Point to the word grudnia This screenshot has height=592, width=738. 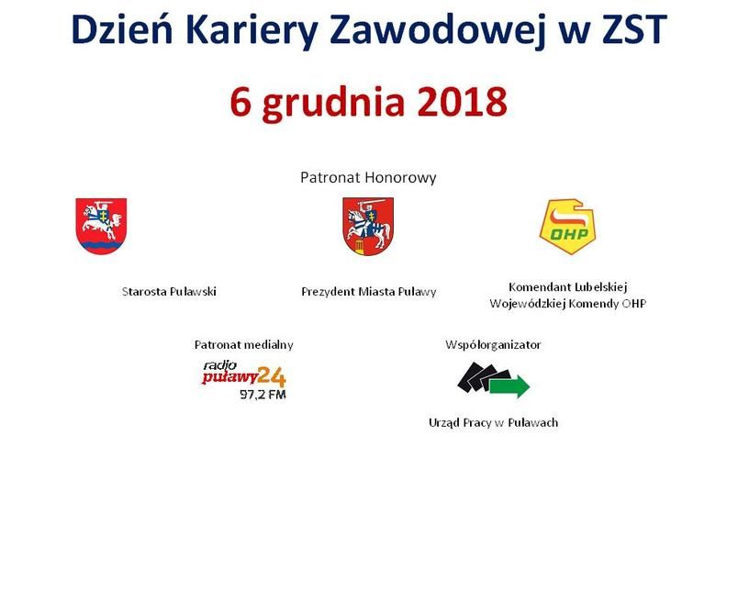pyautogui.click(x=333, y=104)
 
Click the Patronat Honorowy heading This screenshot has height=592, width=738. pyautogui.click(x=368, y=177)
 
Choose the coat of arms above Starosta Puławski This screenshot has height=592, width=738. pyautogui.click(x=101, y=226)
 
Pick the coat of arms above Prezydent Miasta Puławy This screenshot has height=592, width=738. pyautogui.click(x=368, y=227)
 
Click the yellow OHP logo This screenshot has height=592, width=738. pyautogui.click(x=568, y=227)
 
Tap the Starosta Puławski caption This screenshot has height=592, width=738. pyautogui.click(x=169, y=291)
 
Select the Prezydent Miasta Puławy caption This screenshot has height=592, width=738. pyautogui.click(x=368, y=292)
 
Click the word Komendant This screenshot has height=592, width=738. pyautogui.click(x=534, y=287)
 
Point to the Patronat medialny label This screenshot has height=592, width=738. pyautogui.click(x=244, y=345)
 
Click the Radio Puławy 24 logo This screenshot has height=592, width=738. pyautogui.click(x=244, y=380)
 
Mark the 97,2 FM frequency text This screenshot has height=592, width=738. pyautogui.click(x=263, y=395)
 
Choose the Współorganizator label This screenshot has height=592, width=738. pyautogui.click(x=493, y=345)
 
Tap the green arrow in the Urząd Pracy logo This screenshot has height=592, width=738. pyautogui.click(x=509, y=386)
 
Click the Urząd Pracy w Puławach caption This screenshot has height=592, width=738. pyautogui.click(x=493, y=422)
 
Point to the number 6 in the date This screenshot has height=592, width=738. pyautogui.click(x=240, y=102)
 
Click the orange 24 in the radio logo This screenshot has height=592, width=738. pyautogui.click(x=272, y=376)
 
